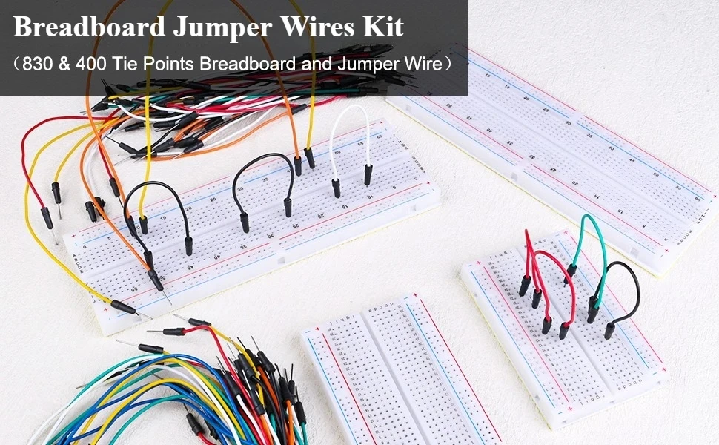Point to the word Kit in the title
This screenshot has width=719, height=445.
tap(387, 28)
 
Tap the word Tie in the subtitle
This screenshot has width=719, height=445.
tap(123, 64)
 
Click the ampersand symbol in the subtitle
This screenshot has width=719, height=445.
tap(65, 64)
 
